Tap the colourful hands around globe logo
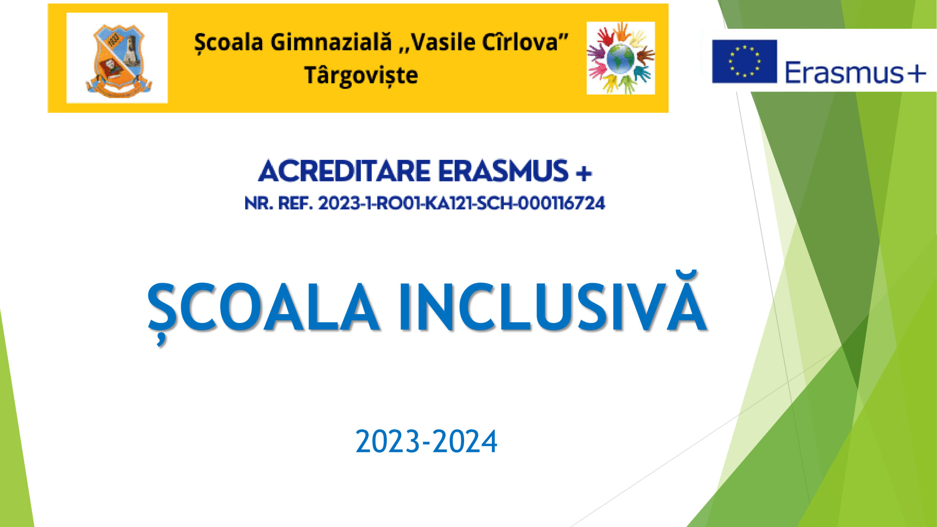(x=621, y=58)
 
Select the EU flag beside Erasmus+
(x=744, y=61)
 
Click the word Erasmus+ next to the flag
(x=856, y=73)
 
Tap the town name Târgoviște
(x=361, y=76)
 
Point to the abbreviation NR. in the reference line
(x=259, y=203)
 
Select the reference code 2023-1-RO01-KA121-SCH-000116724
(x=462, y=203)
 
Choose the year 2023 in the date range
(x=388, y=442)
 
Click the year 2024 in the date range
(x=465, y=442)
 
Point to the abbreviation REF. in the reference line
(x=295, y=203)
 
